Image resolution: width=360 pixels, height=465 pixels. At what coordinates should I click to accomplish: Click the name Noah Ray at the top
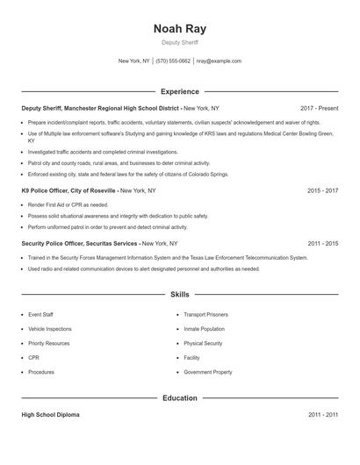click(x=180, y=28)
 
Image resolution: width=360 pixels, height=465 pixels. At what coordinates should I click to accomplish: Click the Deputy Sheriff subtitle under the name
click(x=180, y=42)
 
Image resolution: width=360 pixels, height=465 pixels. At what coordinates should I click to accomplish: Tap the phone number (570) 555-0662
click(x=173, y=61)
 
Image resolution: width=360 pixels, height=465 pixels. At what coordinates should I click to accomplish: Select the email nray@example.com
click(x=219, y=61)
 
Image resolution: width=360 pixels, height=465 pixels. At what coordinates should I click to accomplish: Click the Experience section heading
click(x=180, y=91)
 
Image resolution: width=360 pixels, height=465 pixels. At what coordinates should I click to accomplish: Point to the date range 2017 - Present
click(x=319, y=108)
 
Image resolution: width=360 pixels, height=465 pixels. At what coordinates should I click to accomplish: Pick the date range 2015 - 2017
click(x=323, y=190)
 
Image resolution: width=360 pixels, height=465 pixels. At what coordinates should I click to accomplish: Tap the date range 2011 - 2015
click(x=323, y=243)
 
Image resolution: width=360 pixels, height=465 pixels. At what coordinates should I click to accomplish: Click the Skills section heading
click(x=180, y=295)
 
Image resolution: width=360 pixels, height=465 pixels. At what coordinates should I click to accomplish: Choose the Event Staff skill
click(x=40, y=313)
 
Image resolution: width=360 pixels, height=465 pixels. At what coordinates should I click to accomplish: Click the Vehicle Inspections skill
click(x=50, y=328)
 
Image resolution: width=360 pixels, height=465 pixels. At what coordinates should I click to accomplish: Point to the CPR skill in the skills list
click(x=33, y=358)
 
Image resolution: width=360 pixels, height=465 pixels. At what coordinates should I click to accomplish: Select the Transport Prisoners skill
click(x=205, y=313)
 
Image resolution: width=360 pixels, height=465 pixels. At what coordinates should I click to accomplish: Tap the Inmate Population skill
click(x=204, y=328)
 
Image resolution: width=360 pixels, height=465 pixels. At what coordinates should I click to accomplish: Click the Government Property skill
click(x=208, y=373)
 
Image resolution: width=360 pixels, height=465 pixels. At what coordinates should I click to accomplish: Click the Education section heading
click(x=180, y=398)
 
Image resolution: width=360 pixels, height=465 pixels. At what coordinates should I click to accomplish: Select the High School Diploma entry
click(x=50, y=415)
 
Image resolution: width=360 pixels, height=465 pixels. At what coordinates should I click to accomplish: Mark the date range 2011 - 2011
click(x=323, y=415)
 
